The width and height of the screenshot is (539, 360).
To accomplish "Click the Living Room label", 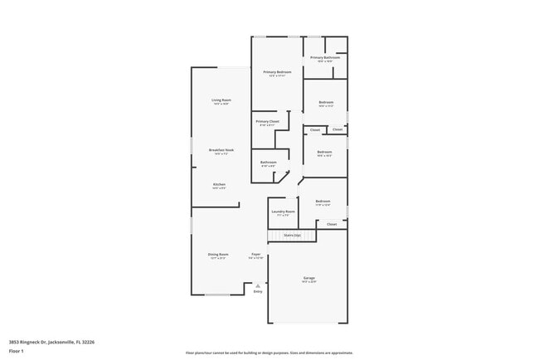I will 221,100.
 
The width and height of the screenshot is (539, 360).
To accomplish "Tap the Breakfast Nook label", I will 221,150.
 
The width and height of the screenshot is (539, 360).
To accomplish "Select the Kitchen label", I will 220,184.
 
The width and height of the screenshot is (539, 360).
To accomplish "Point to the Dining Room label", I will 217,255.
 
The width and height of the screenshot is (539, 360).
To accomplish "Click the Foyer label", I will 256,255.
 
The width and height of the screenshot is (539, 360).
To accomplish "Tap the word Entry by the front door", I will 258,292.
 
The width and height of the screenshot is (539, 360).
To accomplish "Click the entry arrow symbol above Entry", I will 258,285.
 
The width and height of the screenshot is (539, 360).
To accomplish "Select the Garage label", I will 308,278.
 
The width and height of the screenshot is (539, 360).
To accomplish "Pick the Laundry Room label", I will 283,212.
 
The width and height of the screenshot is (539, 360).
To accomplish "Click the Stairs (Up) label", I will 293,236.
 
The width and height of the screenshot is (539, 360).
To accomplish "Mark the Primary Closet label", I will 268,121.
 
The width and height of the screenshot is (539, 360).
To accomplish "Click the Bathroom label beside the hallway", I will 269,162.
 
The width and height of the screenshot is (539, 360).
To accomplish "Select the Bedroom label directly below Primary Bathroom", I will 326,103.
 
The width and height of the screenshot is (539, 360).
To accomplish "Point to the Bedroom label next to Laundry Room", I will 323,202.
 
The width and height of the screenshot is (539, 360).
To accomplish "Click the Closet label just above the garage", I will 332,224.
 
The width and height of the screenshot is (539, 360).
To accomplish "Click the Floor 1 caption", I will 17,351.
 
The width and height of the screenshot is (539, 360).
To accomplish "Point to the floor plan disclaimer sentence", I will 269,353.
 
